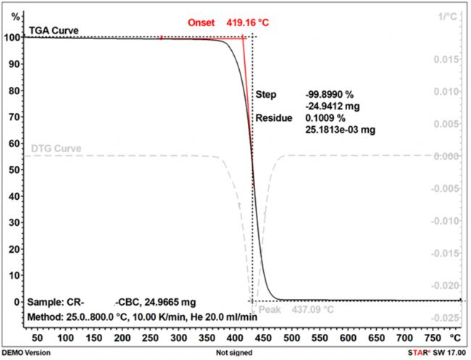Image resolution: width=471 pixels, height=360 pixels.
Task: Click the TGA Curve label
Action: click(x=53, y=30)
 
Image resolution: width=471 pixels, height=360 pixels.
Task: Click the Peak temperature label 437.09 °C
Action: click(x=313, y=309)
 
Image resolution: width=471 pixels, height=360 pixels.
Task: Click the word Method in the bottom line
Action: click(x=45, y=317)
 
